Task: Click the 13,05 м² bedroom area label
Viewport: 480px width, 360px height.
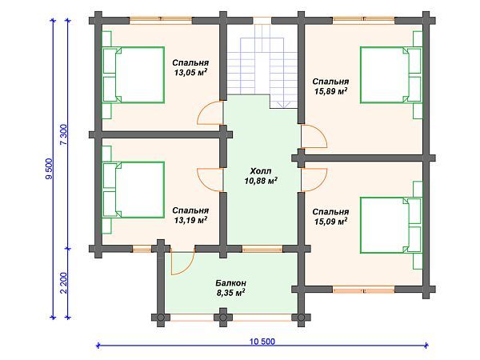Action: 190,73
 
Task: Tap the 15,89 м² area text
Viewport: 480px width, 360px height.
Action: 330,91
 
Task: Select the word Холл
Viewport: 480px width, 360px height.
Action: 261,170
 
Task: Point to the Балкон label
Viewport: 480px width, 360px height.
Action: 230,282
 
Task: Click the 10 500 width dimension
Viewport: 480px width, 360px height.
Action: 262,342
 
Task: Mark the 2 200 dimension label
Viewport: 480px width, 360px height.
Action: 64,283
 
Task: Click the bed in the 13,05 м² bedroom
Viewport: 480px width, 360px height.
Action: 133,74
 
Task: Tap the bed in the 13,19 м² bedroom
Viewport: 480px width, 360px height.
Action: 133,190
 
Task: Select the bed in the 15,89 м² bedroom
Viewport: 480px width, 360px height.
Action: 391,74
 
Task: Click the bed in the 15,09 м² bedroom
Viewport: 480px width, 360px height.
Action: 391,226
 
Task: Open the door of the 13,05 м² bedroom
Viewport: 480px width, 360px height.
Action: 210,113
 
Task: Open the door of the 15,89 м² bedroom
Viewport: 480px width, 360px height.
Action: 314,136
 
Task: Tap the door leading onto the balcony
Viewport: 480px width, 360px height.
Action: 182,262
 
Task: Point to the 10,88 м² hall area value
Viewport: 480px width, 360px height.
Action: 261,181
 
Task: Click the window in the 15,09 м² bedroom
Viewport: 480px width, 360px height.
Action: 364,290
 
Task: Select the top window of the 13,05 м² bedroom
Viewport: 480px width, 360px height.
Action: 161,21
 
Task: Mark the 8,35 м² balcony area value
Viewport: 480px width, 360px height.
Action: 230,293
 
